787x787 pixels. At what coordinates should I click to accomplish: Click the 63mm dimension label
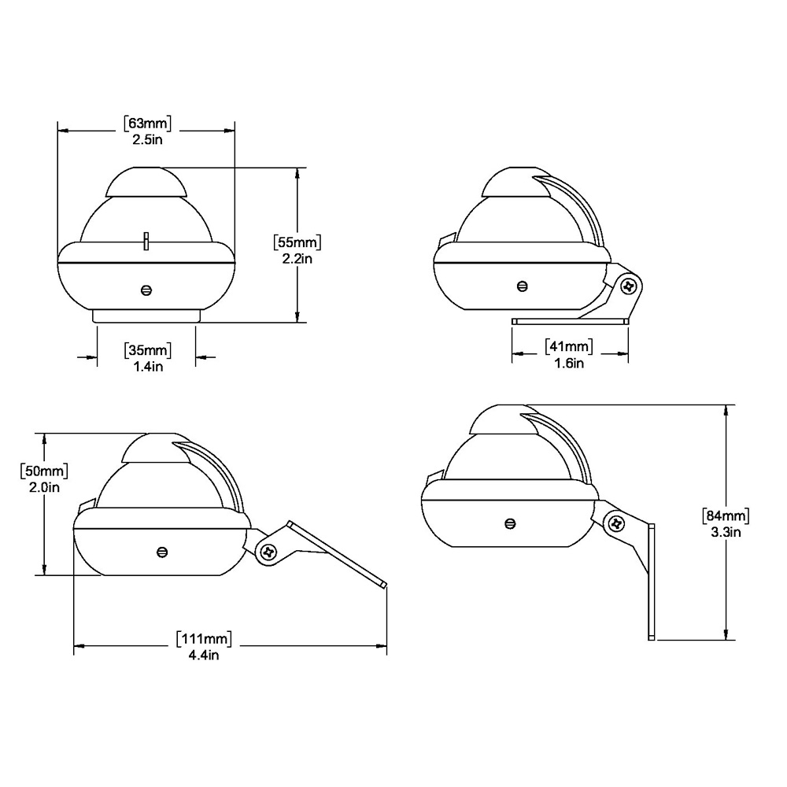147,124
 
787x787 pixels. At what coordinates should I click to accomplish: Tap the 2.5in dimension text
147,139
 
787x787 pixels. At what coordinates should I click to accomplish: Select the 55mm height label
297,242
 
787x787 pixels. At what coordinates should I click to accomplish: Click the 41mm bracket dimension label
568,347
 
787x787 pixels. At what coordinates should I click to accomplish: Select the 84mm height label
724,516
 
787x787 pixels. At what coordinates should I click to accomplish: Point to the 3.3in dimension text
724,532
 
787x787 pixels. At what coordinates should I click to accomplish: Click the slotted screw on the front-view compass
146,290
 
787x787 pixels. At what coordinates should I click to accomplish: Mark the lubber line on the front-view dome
146,240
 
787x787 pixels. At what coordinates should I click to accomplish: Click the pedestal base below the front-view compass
147,316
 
